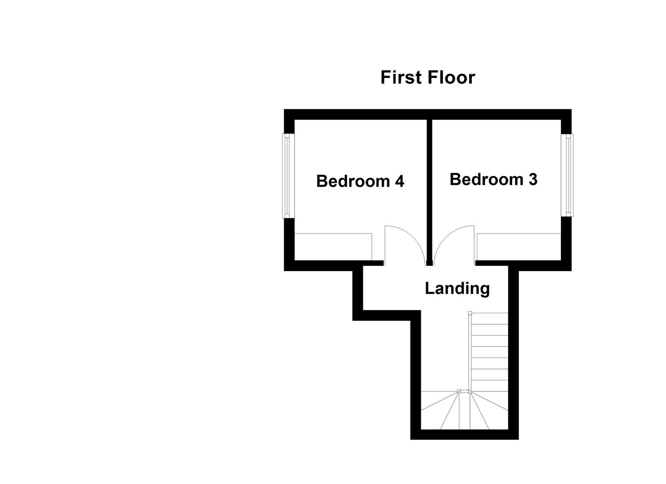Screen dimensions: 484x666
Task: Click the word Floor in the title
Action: (452, 78)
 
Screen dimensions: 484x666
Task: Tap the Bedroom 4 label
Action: (360, 181)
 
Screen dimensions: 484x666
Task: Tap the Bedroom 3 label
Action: (493, 179)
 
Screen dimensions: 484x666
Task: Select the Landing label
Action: (457, 288)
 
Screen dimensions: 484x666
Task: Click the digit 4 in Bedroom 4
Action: (399, 181)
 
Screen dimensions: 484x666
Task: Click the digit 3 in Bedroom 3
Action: (533, 179)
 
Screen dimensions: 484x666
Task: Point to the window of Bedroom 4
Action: (286, 176)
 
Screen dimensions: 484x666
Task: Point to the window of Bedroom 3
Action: (569, 175)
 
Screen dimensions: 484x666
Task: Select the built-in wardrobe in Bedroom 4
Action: (333, 246)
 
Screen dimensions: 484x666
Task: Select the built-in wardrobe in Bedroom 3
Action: (518, 246)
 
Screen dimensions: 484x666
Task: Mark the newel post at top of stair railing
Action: (470, 313)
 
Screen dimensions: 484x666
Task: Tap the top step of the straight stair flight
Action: (489, 319)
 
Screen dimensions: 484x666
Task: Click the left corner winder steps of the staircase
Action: (440, 410)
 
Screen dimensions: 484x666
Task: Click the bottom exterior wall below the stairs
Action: (464, 434)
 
